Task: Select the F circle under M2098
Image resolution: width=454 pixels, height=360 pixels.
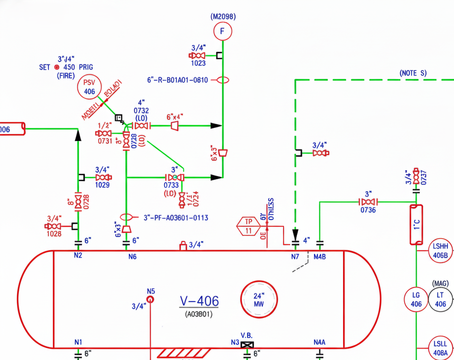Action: click(223, 32)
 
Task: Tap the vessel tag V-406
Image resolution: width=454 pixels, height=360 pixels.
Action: click(199, 301)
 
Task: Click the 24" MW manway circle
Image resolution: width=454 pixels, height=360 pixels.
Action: click(259, 299)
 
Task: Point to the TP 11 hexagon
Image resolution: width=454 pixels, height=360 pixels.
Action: click(248, 226)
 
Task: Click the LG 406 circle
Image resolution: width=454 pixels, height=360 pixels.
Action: click(416, 299)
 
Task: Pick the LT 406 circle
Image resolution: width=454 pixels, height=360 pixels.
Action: click(440, 299)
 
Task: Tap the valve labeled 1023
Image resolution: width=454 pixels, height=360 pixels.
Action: click(198, 56)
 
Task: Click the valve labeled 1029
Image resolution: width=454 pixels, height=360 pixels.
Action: click(103, 177)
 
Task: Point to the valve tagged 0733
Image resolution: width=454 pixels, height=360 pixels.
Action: click(174, 177)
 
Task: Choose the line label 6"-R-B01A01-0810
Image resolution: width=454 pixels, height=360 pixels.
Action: click(177, 80)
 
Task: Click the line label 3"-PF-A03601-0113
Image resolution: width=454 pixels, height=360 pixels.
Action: click(176, 218)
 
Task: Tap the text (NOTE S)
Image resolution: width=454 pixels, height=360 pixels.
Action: click(413, 73)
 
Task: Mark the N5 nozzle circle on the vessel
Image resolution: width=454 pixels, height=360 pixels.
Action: click(150, 299)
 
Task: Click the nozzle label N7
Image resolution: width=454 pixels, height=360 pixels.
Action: click(295, 257)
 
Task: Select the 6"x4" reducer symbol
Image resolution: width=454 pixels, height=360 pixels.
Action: click(175, 126)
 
